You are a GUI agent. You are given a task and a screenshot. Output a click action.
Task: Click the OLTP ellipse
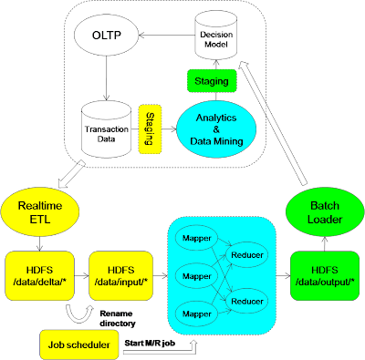pos(107,36)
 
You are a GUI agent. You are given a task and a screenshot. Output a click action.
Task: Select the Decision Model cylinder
pos(216,36)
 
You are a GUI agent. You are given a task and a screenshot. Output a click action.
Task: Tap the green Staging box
pos(212,81)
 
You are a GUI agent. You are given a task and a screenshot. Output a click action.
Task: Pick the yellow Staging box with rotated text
pos(150,129)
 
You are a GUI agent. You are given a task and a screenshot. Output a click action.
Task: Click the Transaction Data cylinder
pos(107,130)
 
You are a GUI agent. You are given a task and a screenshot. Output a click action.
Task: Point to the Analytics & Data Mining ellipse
pos(216,129)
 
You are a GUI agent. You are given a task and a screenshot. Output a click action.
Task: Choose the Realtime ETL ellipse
pos(40,212)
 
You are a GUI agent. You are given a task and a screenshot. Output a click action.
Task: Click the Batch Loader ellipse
pos(325,212)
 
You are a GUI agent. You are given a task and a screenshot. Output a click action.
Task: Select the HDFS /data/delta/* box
pos(39,276)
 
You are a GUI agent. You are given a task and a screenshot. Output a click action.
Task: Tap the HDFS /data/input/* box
pos(121,276)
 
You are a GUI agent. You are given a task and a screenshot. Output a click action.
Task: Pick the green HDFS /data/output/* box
pos(325,276)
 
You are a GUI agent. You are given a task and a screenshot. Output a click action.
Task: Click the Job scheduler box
pos(79,345)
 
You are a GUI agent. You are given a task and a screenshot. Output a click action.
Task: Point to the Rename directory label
pos(118,318)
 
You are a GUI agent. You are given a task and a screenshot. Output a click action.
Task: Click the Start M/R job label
pos(150,343)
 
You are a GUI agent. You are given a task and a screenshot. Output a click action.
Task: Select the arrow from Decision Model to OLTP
pos(167,36)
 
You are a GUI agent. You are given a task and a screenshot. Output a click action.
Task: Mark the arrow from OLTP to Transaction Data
pos(107,78)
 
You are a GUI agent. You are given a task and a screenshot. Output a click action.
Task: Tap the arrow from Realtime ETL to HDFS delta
pos(39,244)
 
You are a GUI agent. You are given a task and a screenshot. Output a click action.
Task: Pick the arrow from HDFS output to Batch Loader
pos(325,244)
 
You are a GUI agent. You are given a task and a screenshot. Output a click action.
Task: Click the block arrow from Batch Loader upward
pos(271,123)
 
